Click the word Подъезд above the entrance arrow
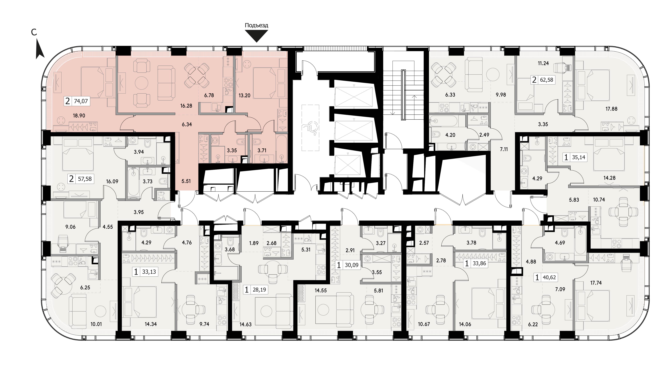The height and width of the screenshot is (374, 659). click(256, 25)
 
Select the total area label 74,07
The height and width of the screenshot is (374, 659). click(81, 101)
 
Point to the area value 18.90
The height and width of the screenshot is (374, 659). click(79, 116)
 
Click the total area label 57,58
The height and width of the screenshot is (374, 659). click(85, 179)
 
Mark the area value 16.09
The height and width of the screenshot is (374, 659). click(112, 181)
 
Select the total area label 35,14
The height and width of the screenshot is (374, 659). click(578, 157)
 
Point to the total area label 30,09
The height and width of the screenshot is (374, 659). click(351, 265)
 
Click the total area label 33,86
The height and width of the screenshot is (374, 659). click(479, 263)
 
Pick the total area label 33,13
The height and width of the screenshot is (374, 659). click(149, 272)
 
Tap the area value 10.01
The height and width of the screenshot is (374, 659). click(96, 324)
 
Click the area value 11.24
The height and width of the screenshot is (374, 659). click(543, 63)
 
